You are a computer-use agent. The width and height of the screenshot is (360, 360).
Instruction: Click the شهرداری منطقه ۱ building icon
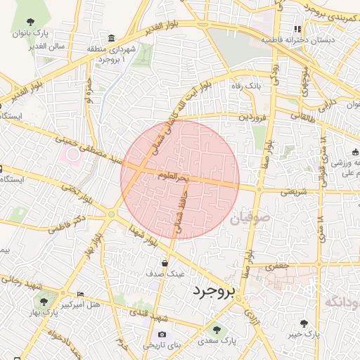point(112,37)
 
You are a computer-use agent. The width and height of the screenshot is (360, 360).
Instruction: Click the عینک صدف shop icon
point(165,263)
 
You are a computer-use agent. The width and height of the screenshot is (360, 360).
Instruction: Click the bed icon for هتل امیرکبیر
point(80,294)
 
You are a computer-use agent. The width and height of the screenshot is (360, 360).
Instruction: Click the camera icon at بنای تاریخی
point(162,334)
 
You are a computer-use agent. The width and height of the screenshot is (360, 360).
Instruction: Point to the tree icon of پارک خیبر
point(304,323)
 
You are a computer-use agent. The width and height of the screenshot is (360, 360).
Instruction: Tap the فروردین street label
point(253,117)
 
